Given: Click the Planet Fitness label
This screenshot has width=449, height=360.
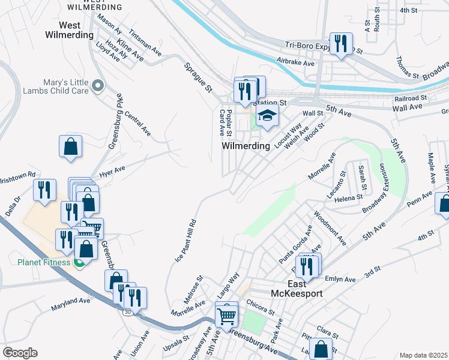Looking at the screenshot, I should [x=44, y=262].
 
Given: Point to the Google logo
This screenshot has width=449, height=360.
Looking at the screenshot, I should [x=20, y=353].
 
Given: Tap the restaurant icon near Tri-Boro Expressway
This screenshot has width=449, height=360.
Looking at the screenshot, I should [x=341, y=44].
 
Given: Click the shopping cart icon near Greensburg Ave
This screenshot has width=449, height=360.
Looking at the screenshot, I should [x=227, y=314].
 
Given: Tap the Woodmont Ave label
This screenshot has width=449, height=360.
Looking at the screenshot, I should [x=330, y=227].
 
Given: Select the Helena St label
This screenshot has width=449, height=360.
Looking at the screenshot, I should [x=349, y=197].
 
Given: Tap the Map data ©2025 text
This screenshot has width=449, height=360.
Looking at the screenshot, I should [x=423, y=355].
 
